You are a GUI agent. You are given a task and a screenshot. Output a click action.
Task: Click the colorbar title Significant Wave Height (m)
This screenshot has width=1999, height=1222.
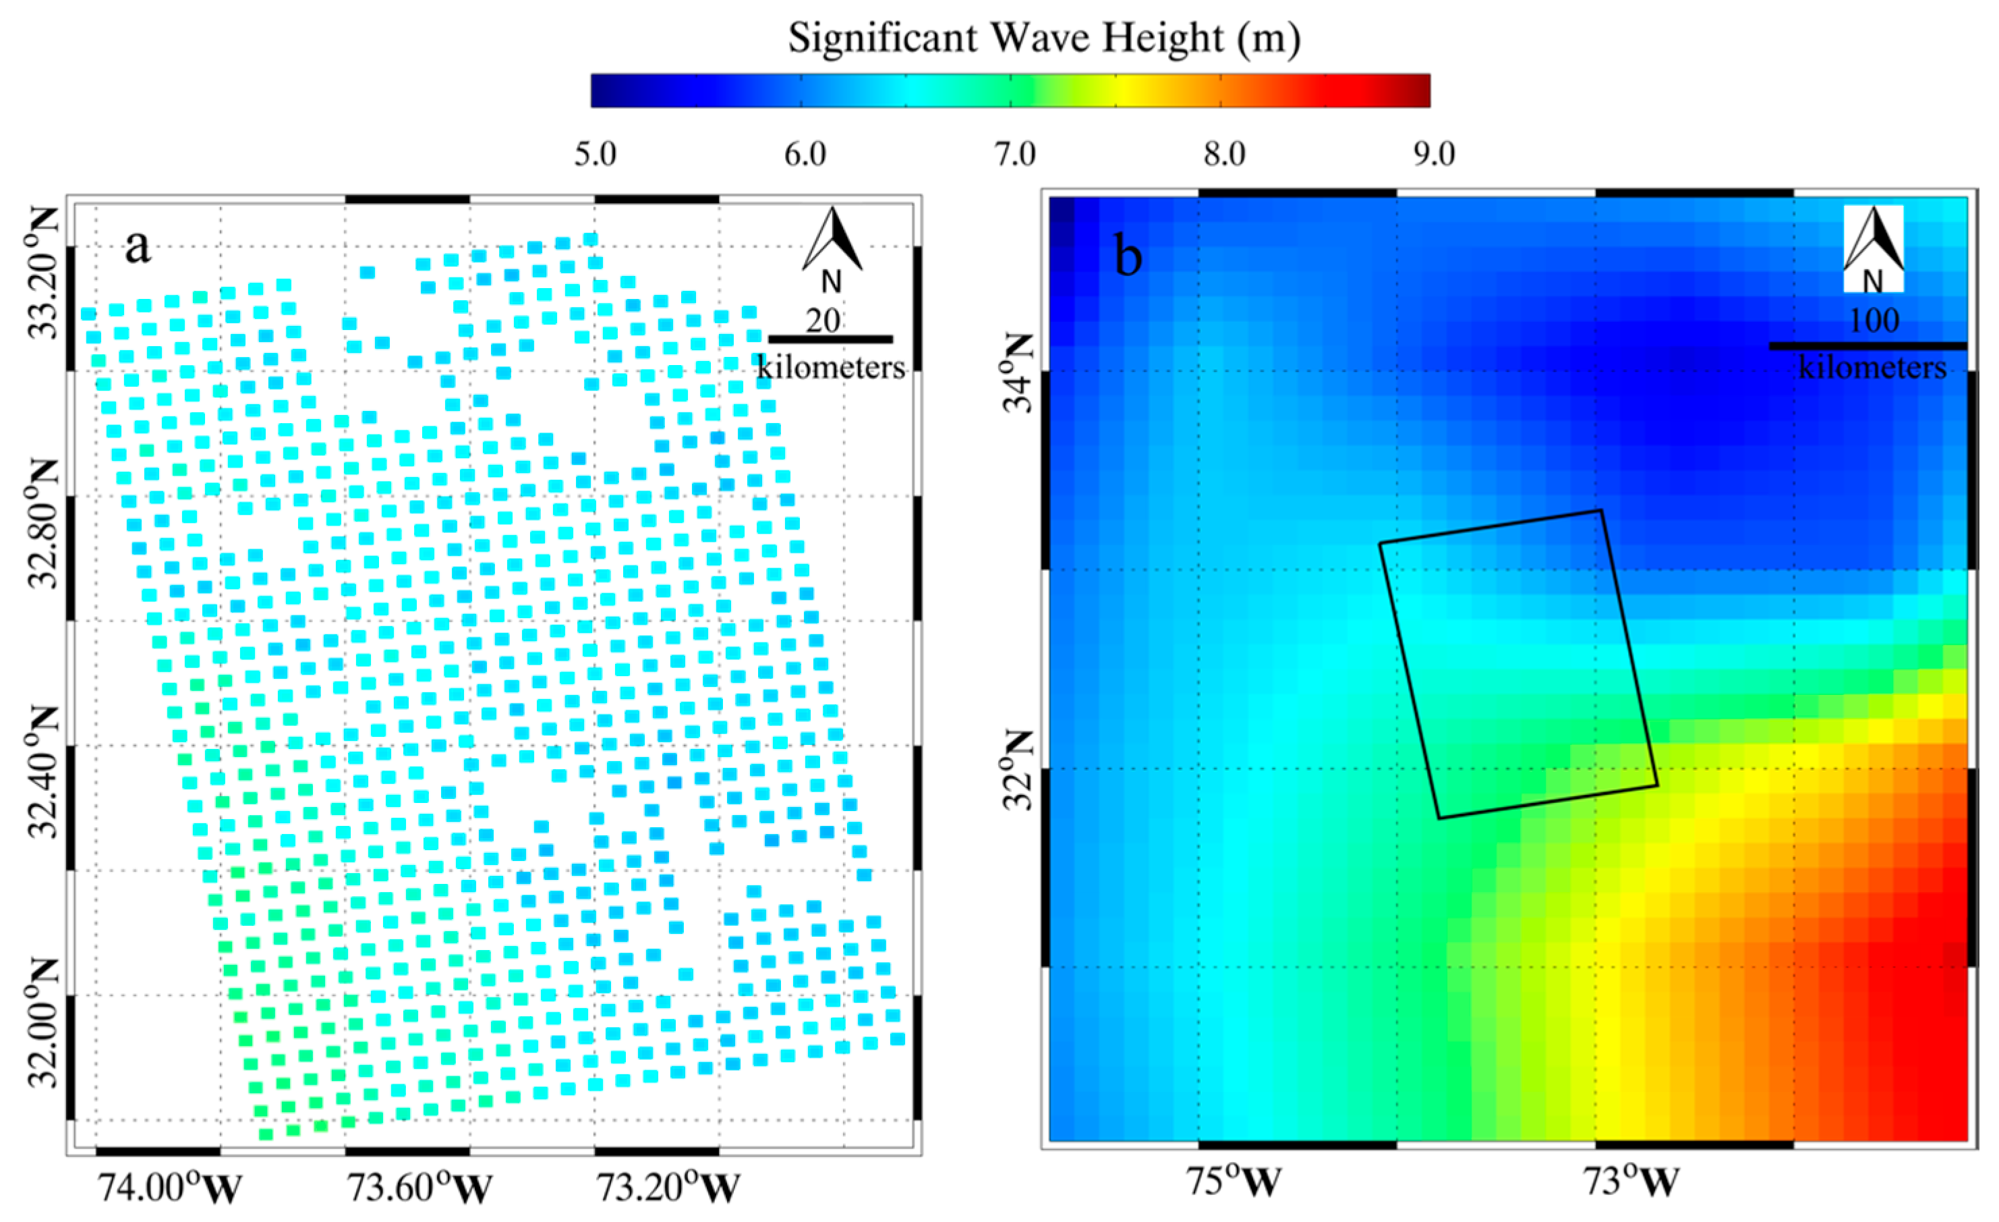click(1044, 38)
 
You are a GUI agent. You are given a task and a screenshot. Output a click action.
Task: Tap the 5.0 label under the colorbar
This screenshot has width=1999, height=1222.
click(595, 154)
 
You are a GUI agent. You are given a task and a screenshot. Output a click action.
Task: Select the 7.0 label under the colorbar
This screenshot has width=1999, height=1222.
click(1014, 154)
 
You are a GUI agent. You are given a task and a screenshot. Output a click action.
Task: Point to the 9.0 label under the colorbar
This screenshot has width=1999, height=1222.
click(1434, 154)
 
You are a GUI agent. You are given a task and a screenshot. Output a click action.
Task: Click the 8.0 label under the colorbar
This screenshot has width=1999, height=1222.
click(1223, 154)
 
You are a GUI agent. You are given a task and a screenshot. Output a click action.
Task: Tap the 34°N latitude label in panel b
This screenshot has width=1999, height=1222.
click(1019, 372)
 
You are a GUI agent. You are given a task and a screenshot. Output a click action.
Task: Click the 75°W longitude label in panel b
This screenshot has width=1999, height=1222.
click(1233, 1182)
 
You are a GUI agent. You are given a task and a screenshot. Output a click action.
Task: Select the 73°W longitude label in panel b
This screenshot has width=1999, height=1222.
click(1631, 1182)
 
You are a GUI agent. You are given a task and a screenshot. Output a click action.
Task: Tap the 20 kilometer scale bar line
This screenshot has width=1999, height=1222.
click(830, 339)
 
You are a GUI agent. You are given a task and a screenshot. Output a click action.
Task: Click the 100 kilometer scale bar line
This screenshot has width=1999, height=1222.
click(1867, 346)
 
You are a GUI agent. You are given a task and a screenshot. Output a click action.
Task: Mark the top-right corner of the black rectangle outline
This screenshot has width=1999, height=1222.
click(1600, 510)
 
